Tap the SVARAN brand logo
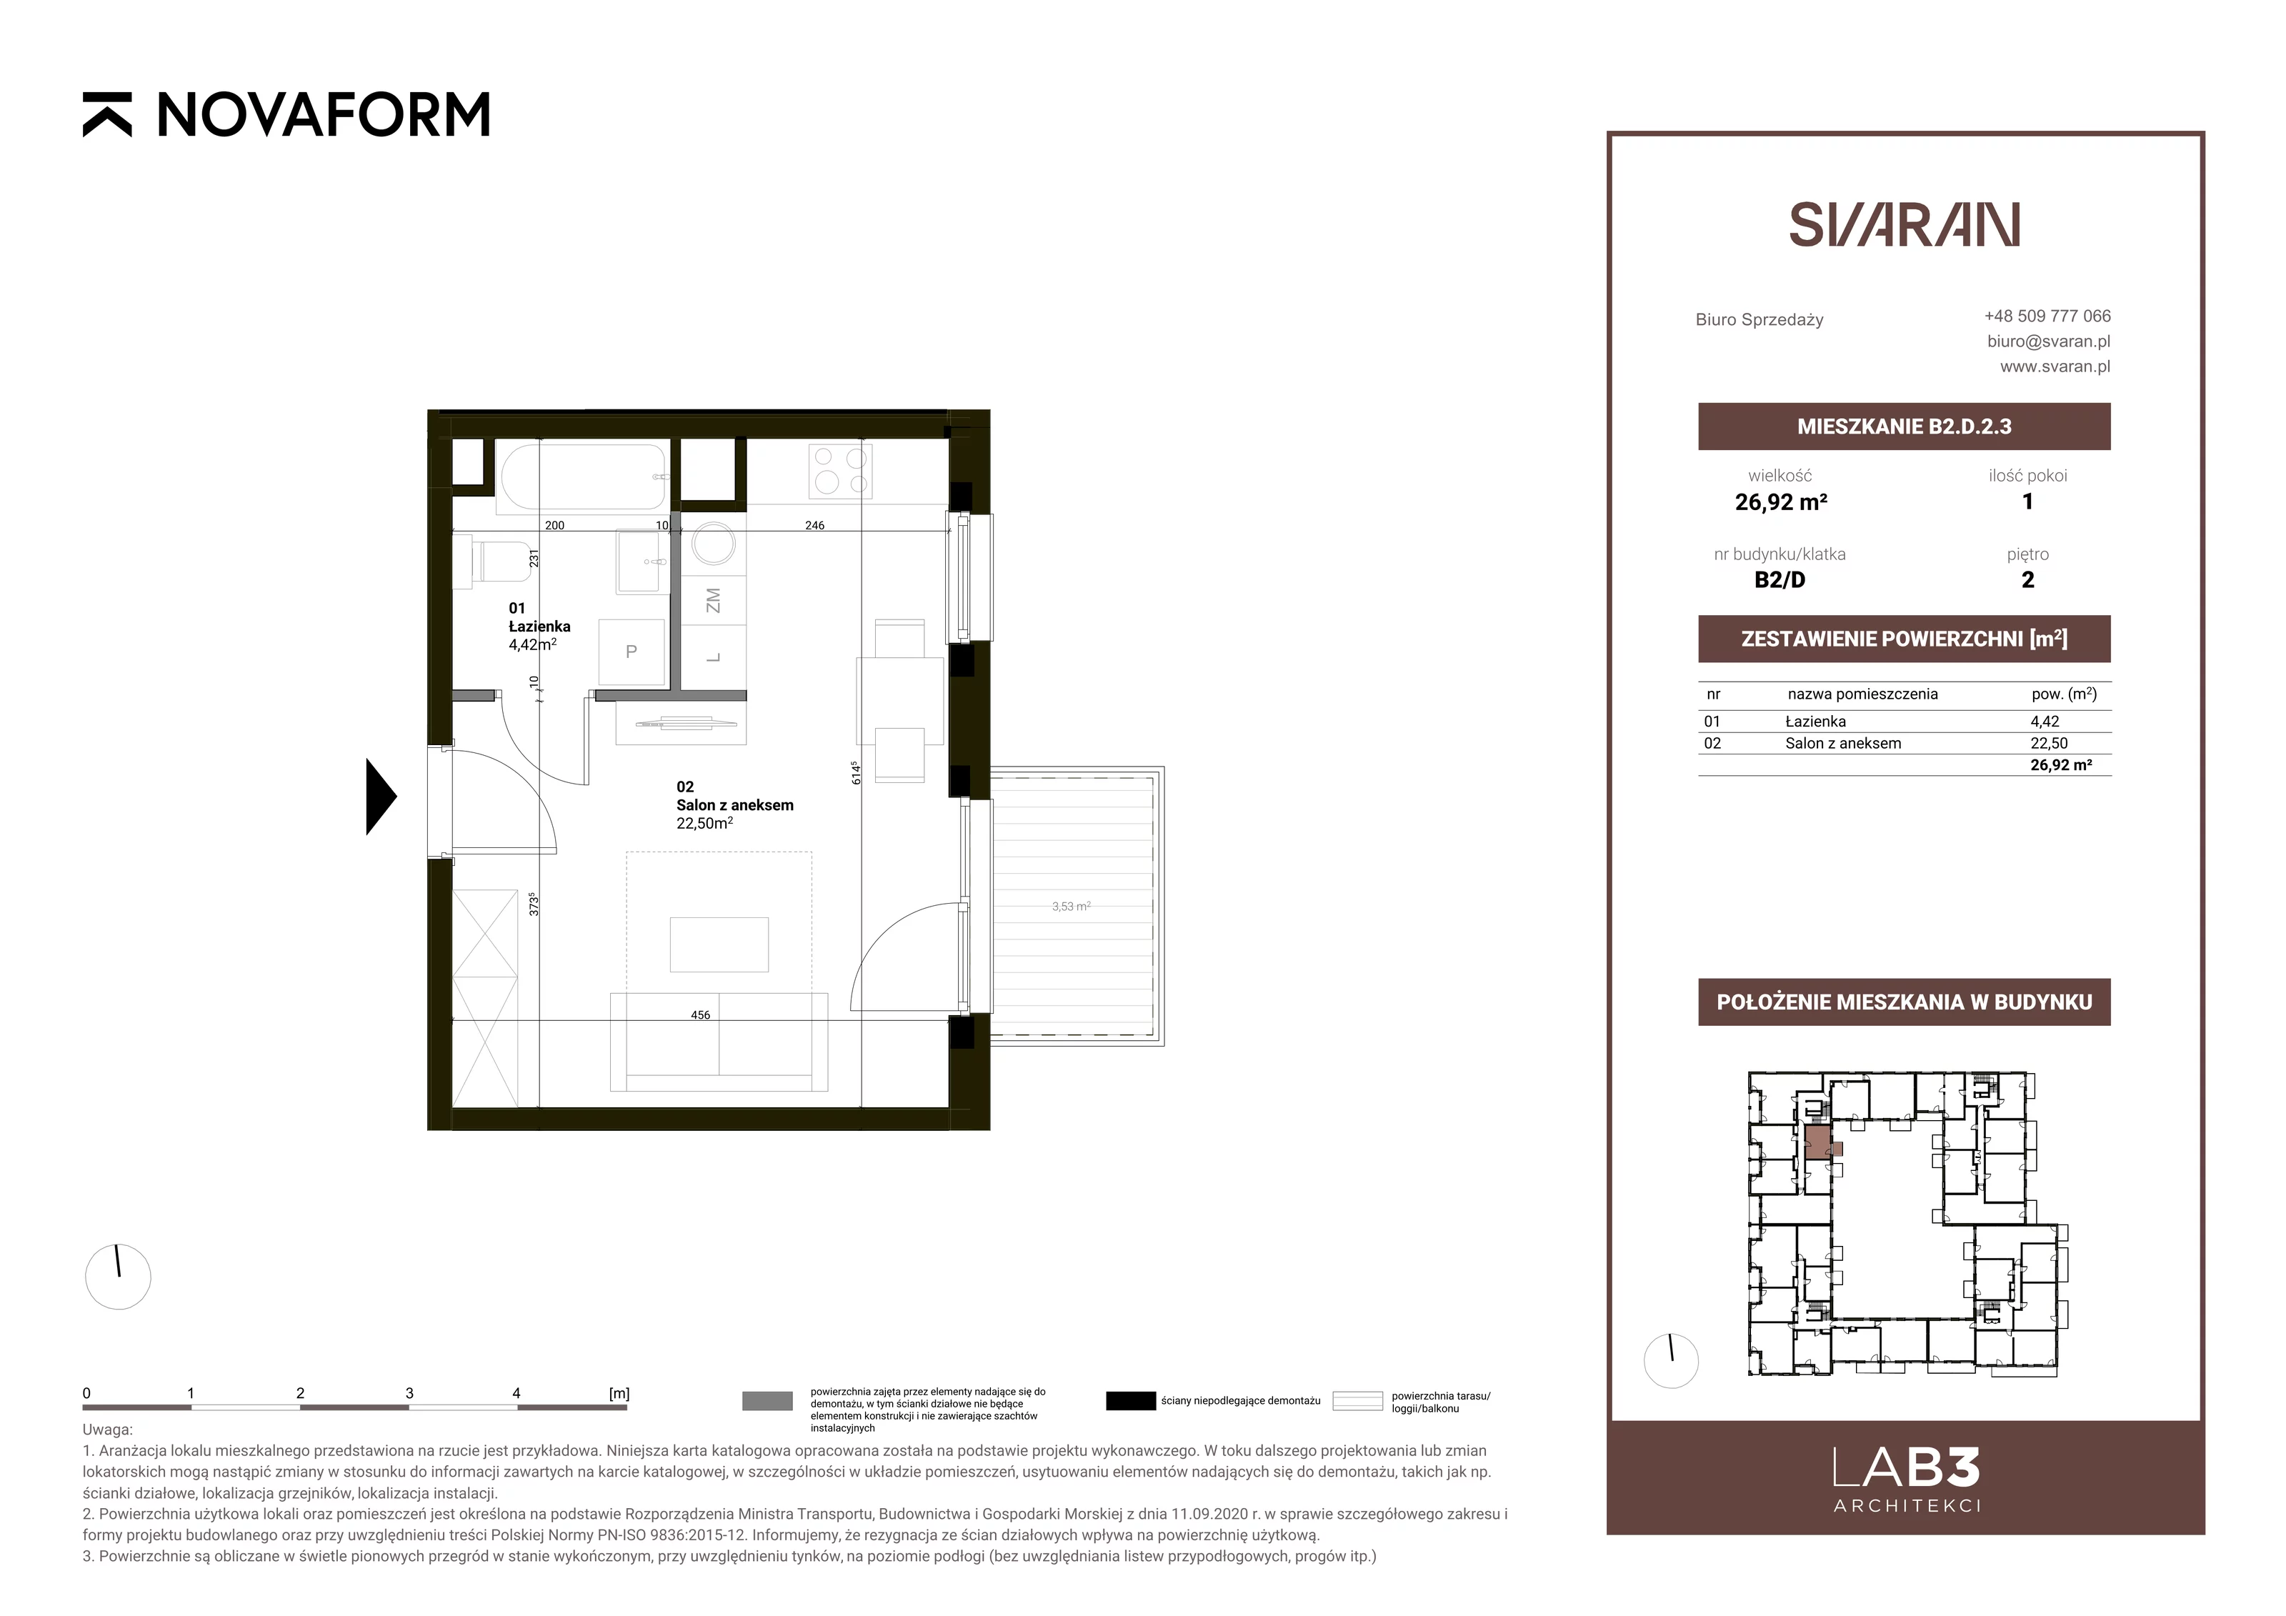tap(1904, 225)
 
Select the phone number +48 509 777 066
tap(2047, 316)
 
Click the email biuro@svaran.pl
tap(2048, 341)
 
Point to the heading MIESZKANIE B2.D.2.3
tap(1904, 427)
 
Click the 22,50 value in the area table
tap(2049, 743)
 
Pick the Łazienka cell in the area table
tap(1815, 721)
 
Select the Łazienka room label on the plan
tap(539, 627)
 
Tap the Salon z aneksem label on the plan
tap(735, 804)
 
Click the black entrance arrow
tap(380, 797)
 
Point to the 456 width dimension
tap(700, 1014)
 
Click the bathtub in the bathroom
tap(582, 477)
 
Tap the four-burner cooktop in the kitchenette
tap(840, 471)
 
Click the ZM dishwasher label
tap(712, 600)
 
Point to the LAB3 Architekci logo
tap(1906, 1480)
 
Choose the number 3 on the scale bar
tap(409, 1393)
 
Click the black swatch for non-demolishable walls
tap(1130, 1401)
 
